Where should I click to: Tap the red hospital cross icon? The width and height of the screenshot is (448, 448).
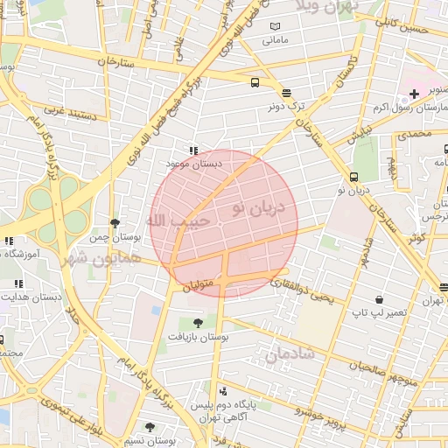click(x=414, y=94)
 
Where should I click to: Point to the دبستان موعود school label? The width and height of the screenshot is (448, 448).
click(x=195, y=163)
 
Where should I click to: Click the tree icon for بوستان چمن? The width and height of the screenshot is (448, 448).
click(x=115, y=224)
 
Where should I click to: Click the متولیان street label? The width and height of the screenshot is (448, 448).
click(x=198, y=286)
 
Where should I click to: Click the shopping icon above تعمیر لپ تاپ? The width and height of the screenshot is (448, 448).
click(x=378, y=298)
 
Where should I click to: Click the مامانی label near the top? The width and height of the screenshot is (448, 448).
click(x=276, y=40)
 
